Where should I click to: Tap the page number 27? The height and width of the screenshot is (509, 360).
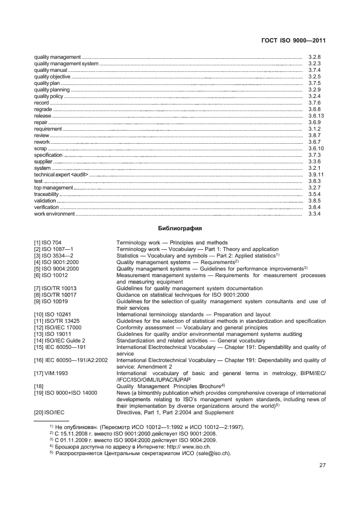click(x=322, y=465)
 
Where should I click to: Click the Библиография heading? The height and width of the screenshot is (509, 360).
click(x=180, y=229)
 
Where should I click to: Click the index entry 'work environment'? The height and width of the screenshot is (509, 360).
click(x=54, y=214)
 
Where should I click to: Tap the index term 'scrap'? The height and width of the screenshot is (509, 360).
click(x=40, y=149)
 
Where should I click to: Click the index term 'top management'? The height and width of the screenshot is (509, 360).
click(x=53, y=188)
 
